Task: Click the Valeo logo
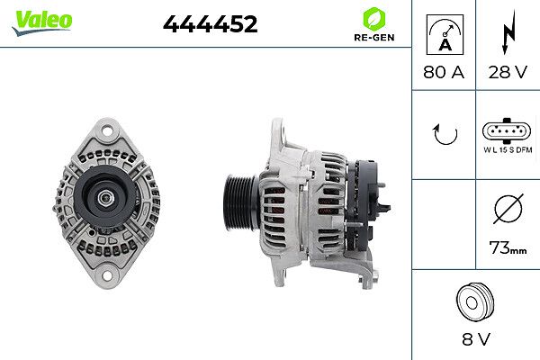click(42, 22)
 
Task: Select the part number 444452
click(210, 23)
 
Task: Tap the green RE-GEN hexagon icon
click(374, 19)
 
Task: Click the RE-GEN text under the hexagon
click(374, 37)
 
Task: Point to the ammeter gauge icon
click(445, 34)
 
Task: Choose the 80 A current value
click(444, 72)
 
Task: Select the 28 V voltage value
click(508, 72)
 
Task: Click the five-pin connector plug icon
click(507, 130)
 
